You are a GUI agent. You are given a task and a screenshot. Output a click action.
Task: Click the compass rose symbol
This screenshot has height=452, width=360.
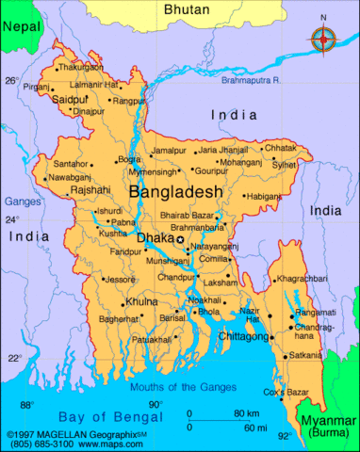324,39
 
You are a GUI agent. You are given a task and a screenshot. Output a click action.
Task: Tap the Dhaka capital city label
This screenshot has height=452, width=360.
155,238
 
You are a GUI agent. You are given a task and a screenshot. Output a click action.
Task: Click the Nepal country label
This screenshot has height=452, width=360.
21,27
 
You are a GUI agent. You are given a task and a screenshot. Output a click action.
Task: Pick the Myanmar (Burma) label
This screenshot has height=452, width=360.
327,425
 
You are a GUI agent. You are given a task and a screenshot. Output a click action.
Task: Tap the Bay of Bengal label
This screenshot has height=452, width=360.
99,415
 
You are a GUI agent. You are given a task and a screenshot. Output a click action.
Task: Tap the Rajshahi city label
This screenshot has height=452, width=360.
90,190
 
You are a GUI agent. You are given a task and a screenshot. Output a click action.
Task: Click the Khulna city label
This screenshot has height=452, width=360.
141,301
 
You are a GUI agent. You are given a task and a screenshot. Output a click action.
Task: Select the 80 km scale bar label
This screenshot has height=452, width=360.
247,413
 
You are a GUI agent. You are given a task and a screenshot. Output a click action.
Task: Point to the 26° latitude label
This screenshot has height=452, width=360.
11,81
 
